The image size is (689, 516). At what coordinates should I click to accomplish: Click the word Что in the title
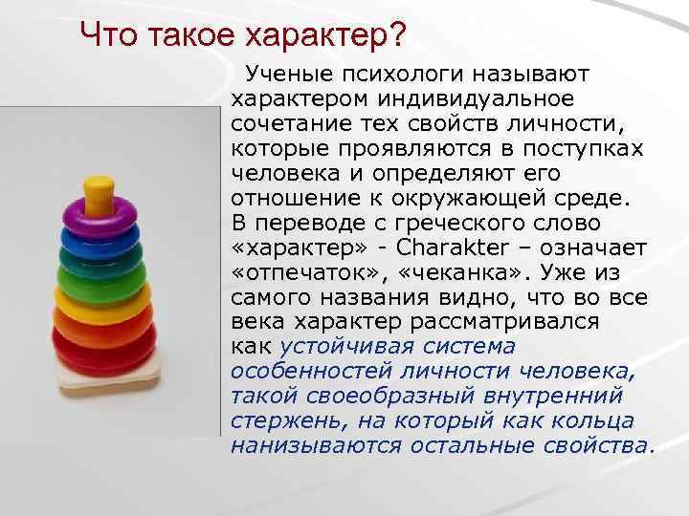click(x=108, y=35)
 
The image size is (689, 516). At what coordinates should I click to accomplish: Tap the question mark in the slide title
click(x=396, y=35)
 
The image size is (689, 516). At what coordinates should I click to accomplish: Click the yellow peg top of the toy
click(x=98, y=191)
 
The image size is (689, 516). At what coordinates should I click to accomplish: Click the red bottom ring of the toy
click(x=98, y=345)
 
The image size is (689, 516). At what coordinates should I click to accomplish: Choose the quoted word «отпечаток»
click(x=301, y=271)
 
